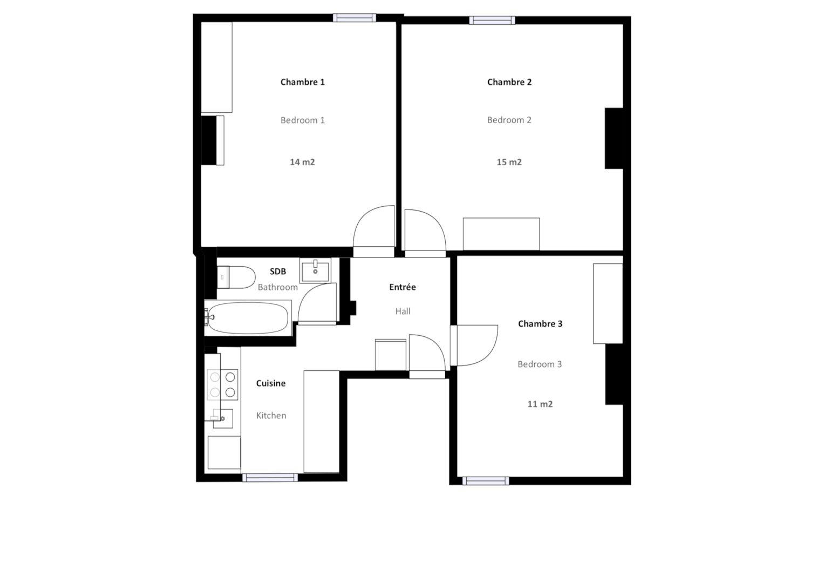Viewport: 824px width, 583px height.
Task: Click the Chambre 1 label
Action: [302, 82]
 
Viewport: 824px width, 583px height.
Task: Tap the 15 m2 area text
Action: [509, 162]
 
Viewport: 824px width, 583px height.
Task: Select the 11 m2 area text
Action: [540, 404]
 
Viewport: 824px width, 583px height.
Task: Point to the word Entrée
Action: [403, 287]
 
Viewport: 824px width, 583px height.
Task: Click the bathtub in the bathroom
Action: [248, 317]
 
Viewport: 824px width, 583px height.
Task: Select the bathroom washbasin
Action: [315, 270]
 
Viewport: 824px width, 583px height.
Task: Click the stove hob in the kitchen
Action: [222, 384]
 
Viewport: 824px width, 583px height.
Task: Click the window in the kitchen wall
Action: [270, 478]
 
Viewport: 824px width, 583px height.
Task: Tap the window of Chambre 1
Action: [355, 18]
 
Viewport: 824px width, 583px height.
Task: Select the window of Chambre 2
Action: [492, 21]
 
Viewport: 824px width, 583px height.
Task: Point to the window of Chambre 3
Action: [486, 480]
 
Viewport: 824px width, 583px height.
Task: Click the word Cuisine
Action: [271, 383]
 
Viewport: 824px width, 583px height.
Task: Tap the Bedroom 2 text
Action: [509, 120]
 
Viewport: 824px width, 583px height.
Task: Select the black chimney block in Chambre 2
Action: [614, 138]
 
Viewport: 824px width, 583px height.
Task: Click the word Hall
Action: [403, 311]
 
